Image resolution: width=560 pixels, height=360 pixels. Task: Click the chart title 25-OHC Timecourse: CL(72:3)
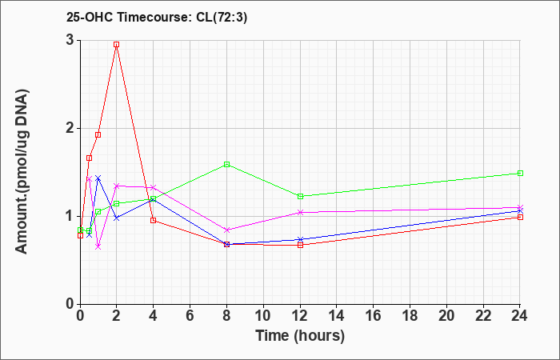click(x=157, y=18)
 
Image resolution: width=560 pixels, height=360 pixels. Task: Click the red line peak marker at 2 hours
click(x=117, y=45)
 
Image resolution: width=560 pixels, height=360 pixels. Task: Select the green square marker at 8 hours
click(x=226, y=164)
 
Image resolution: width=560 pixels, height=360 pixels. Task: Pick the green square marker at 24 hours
click(x=520, y=174)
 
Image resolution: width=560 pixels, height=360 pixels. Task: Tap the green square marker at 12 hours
click(x=300, y=196)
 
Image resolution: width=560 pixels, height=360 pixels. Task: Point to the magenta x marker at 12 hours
click(x=300, y=213)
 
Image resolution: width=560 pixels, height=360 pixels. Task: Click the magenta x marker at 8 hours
click(x=226, y=230)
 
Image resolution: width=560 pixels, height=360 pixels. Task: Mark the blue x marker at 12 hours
click(x=300, y=239)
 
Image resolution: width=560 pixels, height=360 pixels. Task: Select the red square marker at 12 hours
click(x=300, y=245)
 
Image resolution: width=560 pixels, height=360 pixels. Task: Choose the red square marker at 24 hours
click(x=520, y=217)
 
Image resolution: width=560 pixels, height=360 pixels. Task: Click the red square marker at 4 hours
click(x=154, y=220)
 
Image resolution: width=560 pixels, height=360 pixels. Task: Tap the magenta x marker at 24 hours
click(x=520, y=207)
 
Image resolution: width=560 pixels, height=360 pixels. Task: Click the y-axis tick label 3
click(x=70, y=40)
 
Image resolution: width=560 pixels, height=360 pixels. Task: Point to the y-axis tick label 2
click(x=70, y=128)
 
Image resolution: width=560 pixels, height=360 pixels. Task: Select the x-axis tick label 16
click(x=374, y=316)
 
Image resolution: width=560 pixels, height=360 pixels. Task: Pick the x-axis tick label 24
click(x=520, y=316)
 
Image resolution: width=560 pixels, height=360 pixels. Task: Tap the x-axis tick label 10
click(x=263, y=316)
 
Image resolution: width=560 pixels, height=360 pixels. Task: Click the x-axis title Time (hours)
click(x=300, y=336)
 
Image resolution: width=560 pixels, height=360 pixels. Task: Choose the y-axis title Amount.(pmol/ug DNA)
click(x=22, y=171)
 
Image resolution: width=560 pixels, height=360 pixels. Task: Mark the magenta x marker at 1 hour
click(x=98, y=246)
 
